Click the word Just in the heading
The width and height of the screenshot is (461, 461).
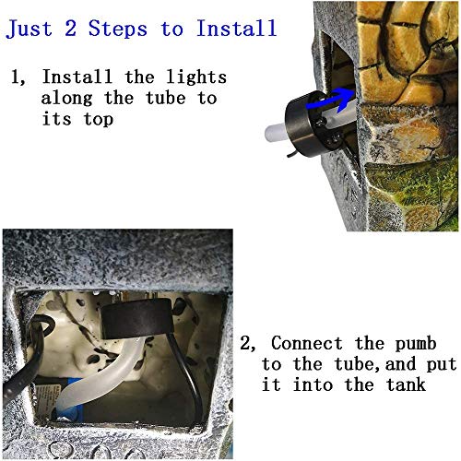[x=32, y=28]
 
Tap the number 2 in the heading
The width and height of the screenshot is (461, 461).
[x=72, y=28]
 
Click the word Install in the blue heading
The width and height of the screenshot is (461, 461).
[x=236, y=28]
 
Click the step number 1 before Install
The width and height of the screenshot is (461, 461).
[x=16, y=77]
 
